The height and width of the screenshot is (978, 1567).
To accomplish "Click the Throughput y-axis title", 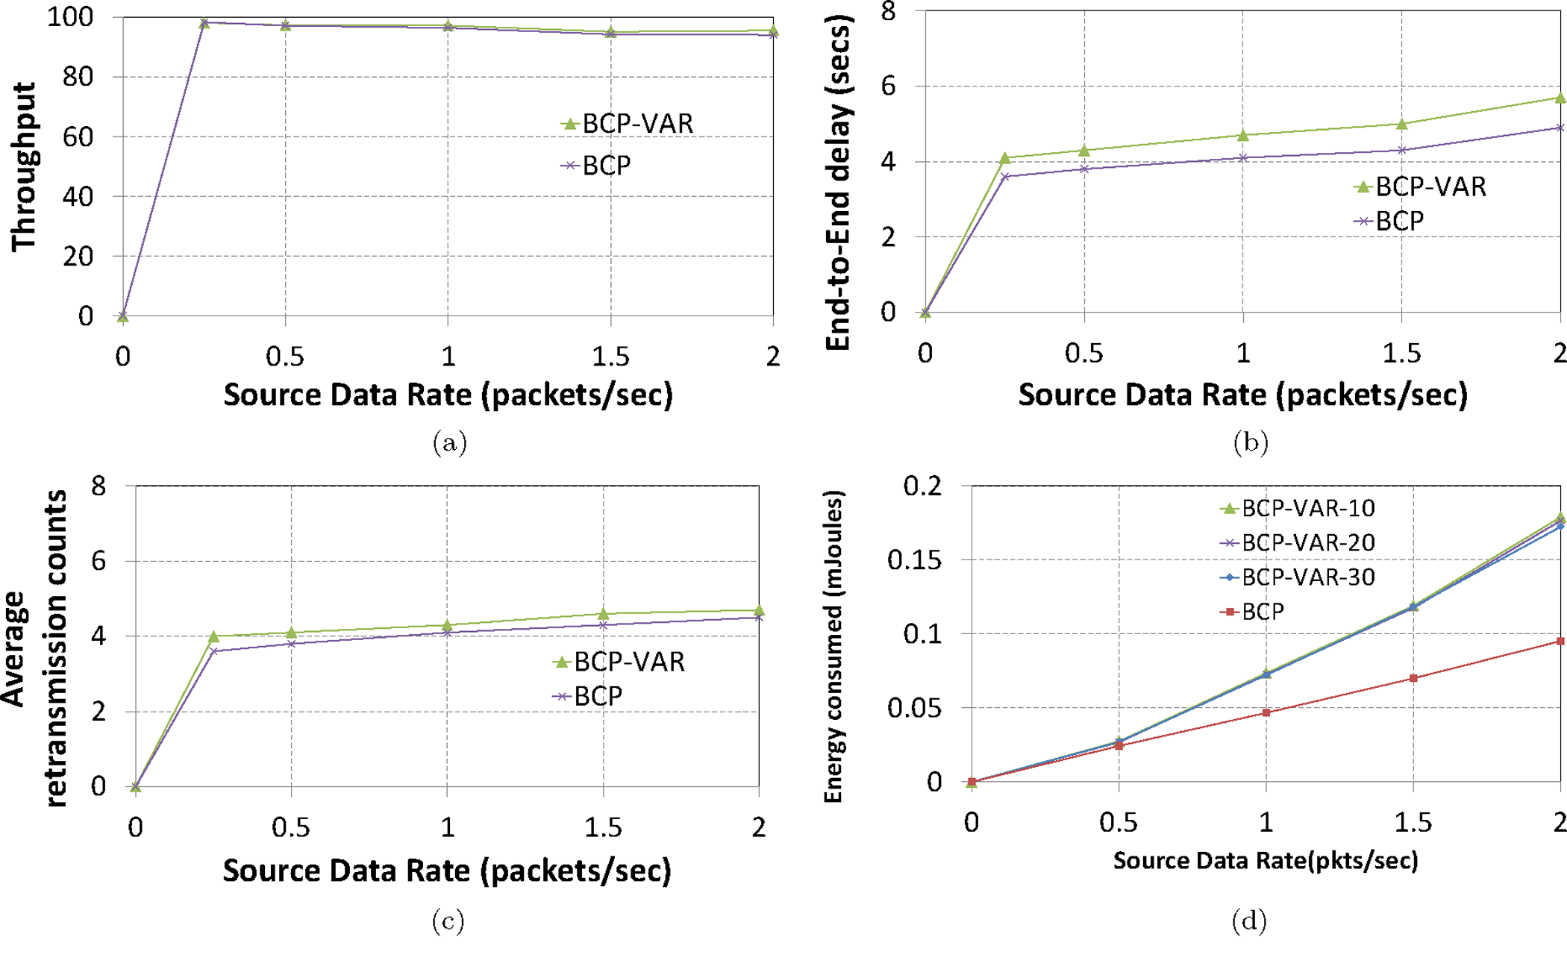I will click(x=24, y=166).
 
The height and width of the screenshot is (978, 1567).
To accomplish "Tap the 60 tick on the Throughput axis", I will click(x=78, y=137).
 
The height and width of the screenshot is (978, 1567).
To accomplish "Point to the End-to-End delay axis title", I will click(x=839, y=183).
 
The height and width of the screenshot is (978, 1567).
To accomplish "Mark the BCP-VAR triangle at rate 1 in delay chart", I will click(x=1243, y=135).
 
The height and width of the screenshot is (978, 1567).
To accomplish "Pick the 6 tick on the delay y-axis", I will click(x=888, y=86).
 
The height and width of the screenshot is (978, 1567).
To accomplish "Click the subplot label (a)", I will click(x=449, y=443).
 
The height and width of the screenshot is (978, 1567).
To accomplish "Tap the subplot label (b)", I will click(x=1251, y=443).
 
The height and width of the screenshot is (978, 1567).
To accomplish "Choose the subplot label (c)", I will click(x=448, y=921).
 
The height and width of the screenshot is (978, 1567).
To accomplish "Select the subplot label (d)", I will click(x=1249, y=921).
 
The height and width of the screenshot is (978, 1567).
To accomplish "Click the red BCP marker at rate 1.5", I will click(x=1413, y=678).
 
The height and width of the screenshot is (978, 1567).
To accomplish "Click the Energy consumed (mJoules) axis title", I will click(x=833, y=646).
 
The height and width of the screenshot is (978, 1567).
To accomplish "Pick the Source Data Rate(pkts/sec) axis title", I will click(x=1266, y=861).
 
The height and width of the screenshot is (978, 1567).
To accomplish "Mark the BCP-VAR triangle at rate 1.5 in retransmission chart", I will click(x=603, y=614).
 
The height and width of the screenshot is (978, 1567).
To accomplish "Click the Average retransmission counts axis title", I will click(x=34, y=648).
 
